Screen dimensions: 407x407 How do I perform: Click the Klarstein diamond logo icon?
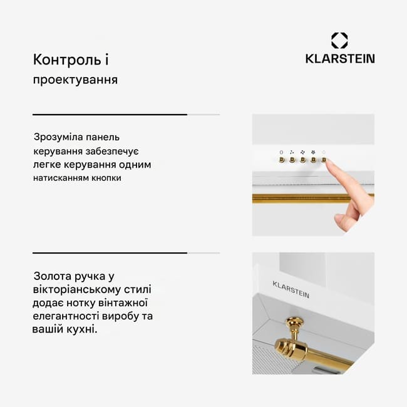pos(339,41)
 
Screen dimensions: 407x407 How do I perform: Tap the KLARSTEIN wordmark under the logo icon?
pos(340,59)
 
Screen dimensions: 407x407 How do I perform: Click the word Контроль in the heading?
pos(67,59)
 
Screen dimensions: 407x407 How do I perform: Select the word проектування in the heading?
pos(75,80)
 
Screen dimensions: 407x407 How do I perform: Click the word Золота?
pos(53,276)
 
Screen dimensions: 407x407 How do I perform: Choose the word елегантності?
pos(66,316)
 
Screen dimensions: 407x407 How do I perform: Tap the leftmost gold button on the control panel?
pos(282,160)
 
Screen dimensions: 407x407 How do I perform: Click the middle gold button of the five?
pos(302,160)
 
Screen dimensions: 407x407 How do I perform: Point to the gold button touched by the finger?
pos(324,160)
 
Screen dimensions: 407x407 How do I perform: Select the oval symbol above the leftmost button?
pos(281,152)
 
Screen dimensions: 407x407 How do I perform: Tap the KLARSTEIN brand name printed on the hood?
pos(291,289)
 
